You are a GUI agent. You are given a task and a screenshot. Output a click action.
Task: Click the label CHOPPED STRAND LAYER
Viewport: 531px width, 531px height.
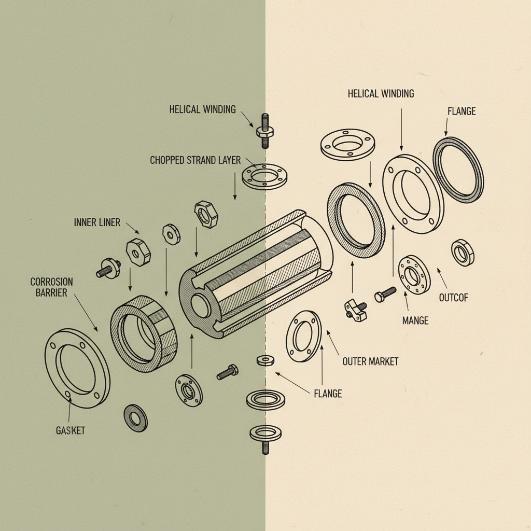tap(195, 160)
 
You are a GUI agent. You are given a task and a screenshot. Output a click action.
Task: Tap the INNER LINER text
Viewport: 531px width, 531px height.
tap(97, 222)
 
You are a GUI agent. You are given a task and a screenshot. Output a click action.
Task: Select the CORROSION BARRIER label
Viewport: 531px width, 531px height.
tap(51, 287)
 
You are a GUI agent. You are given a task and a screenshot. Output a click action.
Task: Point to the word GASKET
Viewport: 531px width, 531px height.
tap(70, 431)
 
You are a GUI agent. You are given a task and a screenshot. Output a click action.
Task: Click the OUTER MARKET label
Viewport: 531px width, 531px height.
tap(370, 361)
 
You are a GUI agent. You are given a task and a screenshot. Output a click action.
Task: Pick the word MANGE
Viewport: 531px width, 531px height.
tap(415, 320)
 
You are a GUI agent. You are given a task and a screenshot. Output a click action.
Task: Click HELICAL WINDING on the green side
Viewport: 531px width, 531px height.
tap(202, 109)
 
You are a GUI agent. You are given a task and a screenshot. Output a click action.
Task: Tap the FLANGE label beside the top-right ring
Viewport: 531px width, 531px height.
tap(461, 111)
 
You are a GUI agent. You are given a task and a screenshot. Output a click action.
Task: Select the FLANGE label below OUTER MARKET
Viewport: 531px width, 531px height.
tap(328, 394)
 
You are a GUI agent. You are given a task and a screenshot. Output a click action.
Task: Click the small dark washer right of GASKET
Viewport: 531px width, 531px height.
tap(136, 418)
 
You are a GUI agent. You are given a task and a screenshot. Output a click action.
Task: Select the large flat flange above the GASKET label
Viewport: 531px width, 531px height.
tap(78, 368)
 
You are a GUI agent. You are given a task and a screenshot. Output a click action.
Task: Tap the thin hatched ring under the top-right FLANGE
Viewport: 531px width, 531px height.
tap(458, 170)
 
